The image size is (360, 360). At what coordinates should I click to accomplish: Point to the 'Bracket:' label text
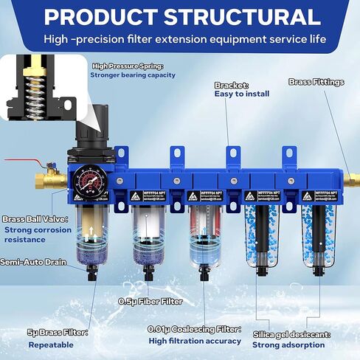click(231, 85)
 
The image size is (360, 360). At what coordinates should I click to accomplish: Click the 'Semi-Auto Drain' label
click(33, 262)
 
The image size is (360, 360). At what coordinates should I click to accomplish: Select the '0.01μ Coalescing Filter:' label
click(195, 330)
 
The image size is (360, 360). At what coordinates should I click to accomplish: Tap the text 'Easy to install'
click(241, 94)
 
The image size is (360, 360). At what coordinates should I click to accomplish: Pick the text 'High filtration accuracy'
click(195, 341)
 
